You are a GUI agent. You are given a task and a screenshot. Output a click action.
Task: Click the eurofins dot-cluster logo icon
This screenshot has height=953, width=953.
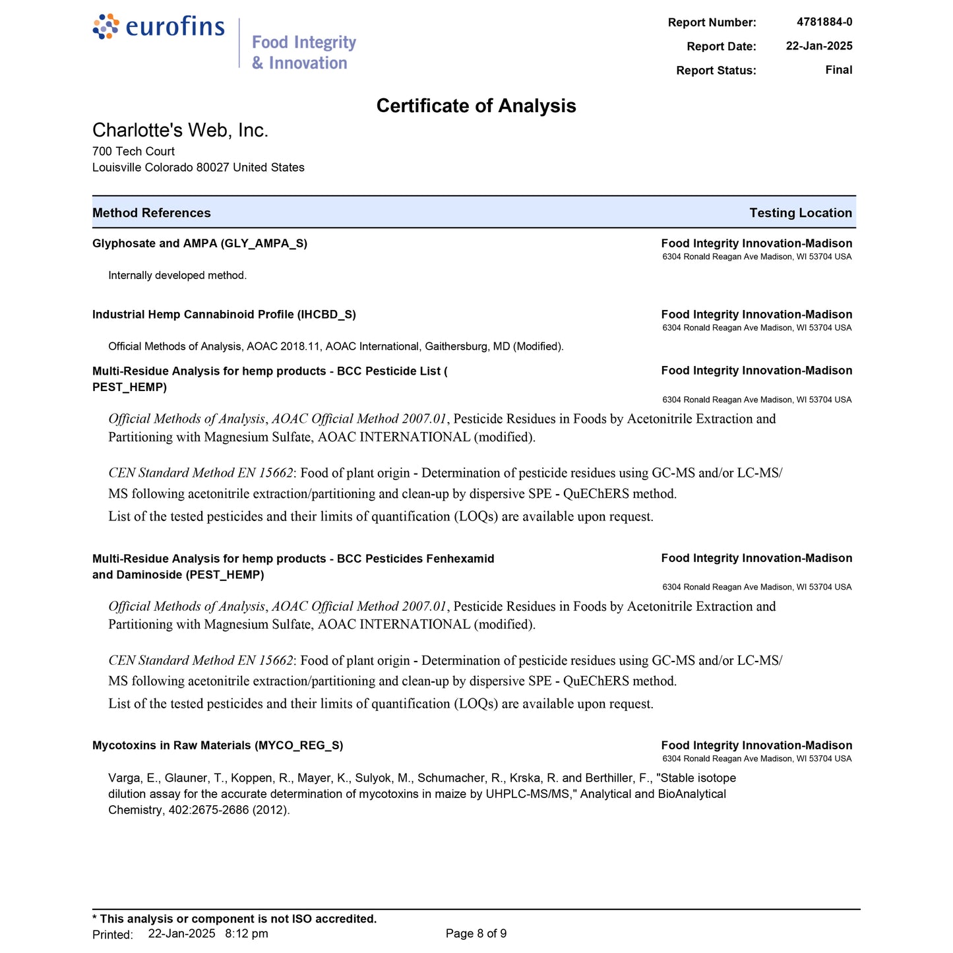click(x=106, y=26)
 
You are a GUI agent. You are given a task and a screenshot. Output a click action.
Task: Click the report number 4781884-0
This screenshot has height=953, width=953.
click(x=824, y=22)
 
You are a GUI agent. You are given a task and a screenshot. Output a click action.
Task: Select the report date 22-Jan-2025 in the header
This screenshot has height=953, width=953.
click(x=818, y=46)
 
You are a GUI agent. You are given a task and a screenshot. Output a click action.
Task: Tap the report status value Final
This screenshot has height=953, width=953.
click(x=838, y=70)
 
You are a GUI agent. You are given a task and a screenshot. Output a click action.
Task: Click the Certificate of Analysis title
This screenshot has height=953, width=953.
click(x=476, y=106)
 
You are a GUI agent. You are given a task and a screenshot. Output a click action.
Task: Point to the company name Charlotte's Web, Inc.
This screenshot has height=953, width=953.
click(x=180, y=131)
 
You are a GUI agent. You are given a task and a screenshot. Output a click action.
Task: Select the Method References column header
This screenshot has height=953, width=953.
click(x=152, y=213)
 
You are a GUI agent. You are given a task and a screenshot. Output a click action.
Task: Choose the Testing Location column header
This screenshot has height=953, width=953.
click(x=800, y=213)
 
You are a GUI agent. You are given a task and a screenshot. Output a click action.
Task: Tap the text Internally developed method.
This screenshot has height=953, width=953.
click(x=177, y=276)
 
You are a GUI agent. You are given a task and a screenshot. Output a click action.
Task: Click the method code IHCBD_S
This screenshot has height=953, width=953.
click(x=326, y=315)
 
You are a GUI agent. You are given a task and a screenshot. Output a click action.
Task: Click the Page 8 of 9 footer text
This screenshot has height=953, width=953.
click(x=476, y=934)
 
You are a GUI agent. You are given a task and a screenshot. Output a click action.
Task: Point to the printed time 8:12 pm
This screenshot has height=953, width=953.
click(x=247, y=934)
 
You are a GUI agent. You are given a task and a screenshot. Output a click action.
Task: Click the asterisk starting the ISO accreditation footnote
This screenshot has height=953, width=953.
click(x=95, y=919)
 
